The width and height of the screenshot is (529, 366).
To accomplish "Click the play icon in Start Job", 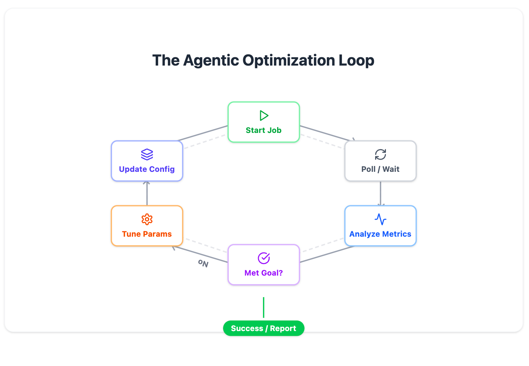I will (264, 116).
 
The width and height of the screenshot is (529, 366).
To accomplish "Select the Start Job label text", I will (263, 130).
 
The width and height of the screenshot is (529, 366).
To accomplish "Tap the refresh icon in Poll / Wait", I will (381, 155).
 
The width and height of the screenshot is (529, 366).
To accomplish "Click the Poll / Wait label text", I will (380, 169).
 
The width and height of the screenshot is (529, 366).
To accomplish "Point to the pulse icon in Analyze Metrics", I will (381, 219).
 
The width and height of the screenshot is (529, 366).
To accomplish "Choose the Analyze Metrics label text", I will (380, 234).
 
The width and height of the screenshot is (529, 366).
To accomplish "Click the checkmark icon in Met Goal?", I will (264, 258).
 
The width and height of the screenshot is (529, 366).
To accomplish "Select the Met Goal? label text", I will (263, 273).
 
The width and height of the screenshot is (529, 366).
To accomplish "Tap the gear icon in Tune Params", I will (147, 219).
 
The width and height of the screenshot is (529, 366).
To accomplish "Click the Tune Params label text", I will (147, 234).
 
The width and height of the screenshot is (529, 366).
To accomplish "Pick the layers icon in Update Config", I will (147, 155).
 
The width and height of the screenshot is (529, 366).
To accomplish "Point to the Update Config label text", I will (147, 169).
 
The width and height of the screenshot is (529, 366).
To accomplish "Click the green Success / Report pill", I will (263, 328).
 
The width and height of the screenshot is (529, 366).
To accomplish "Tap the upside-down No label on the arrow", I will (203, 263).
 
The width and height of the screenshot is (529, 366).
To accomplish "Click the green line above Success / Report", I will (263, 307).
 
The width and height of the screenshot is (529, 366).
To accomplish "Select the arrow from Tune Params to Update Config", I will (147, 193).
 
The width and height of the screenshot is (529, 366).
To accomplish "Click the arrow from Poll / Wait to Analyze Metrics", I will (381, 193).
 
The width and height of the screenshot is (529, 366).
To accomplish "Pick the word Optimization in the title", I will (289, 61).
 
